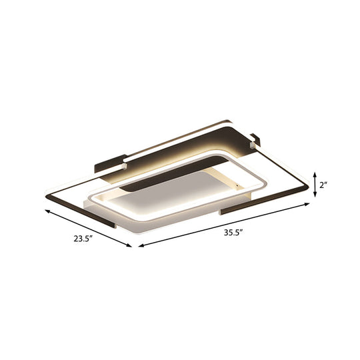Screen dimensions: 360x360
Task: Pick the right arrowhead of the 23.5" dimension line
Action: [x=132, y=247]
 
